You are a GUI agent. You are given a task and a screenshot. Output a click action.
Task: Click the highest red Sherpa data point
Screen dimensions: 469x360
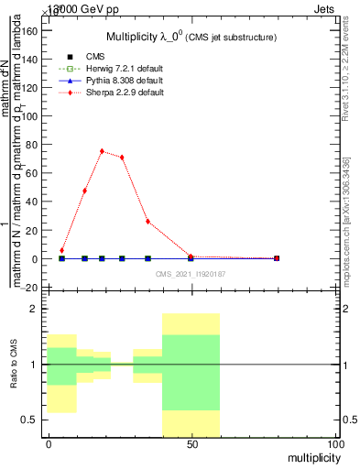point(102,151)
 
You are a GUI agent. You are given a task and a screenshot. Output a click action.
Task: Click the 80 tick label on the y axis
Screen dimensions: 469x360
point(36,144)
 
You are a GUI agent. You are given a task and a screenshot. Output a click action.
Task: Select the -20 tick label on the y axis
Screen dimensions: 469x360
point(33,288)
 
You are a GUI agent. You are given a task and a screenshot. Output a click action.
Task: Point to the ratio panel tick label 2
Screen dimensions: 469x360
point(37,309)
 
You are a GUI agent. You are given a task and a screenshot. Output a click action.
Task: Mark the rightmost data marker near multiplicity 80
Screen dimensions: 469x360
point(276,258)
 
